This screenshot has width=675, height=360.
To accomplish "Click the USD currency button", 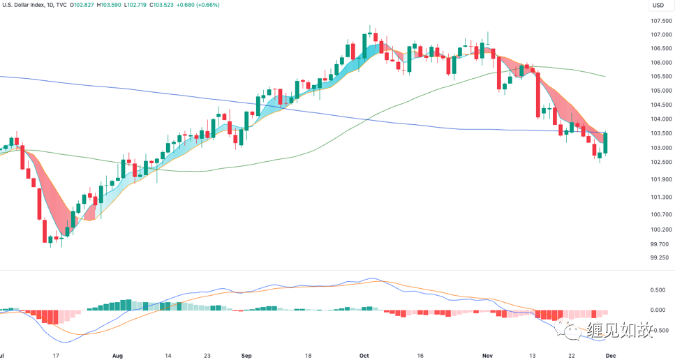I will point(658,6).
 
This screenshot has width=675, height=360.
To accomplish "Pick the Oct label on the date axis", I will point(364,355).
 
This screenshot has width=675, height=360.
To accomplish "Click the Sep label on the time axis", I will point(246,355).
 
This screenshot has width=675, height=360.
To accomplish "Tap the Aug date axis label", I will point(117,355).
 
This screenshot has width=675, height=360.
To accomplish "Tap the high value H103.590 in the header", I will point(105,5).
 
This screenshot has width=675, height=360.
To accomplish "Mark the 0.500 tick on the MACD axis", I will point(657,290).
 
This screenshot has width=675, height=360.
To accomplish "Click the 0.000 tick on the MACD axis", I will point(657,310).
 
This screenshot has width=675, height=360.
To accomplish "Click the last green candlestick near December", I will point(606,143).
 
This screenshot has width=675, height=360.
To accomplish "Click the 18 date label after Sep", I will point(308,355).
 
